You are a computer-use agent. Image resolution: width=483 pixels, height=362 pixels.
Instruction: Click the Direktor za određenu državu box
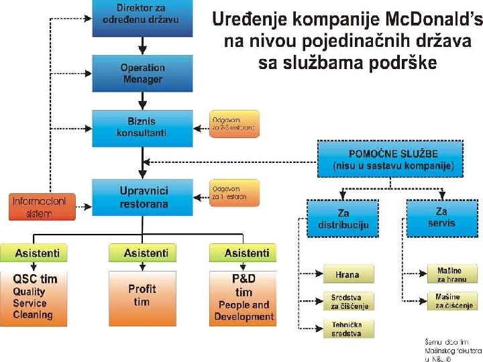[142, 18]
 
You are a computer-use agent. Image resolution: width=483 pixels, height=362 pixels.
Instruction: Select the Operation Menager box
[142, 73]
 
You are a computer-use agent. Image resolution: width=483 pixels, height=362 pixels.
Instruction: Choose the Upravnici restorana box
[144, 197]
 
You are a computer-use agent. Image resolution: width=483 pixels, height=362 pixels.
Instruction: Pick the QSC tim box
[34, 295]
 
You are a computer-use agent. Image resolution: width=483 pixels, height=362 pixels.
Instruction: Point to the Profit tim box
[142, 295]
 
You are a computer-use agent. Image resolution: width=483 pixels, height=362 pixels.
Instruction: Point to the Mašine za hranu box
[445, 274]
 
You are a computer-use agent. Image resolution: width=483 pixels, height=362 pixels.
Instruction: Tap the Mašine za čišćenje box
[445, 301]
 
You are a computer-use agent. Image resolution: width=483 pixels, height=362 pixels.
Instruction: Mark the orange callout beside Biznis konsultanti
[234, 124]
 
